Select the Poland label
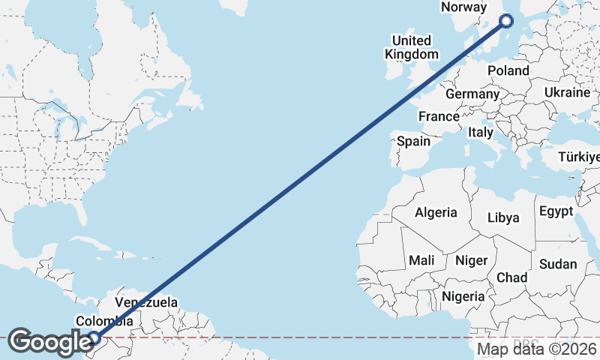pos(508,70)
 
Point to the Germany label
pos(472,94)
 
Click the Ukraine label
pos(568,92)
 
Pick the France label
pos(439,116)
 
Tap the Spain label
pos(414,141)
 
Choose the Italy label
pos(480,132)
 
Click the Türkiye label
pos(580,157)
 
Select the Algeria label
pos(436,212)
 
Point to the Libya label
pos(503,217)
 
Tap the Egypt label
pos(556,211)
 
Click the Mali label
pos(421,260)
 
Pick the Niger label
pos(472,260)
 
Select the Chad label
pos(512,277)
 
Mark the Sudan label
pos(558,264)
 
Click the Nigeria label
pos(463,296)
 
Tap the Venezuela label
pos(146,303)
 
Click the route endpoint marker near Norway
pos(506,21)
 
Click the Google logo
pos(49,342)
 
